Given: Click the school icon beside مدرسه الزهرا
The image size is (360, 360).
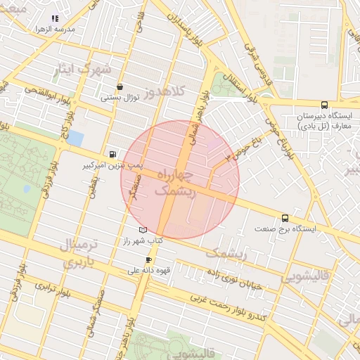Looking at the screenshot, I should tap(56, 19).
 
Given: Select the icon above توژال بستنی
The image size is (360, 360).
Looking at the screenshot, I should tap(120, 86).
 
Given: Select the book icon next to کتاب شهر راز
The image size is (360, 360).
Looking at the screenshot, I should tap(143, 230).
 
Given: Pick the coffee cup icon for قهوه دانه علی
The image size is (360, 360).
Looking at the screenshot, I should tap(148, 259).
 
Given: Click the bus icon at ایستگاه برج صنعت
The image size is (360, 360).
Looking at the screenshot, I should tap(285, 218).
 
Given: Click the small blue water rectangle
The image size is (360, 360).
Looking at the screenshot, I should tap(75, 138).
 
